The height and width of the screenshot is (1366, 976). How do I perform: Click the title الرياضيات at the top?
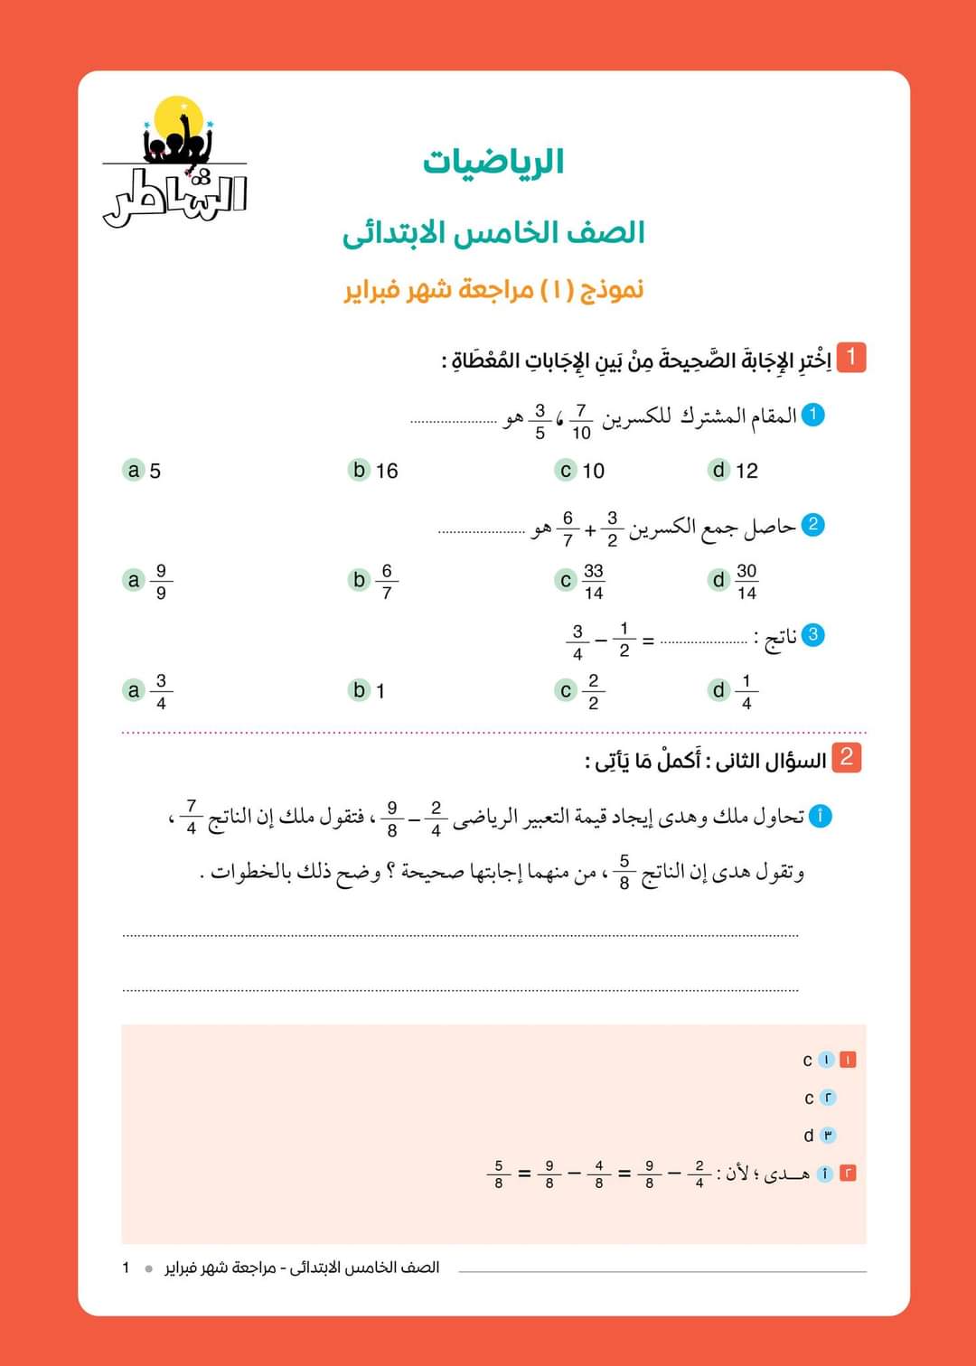coord(493,163)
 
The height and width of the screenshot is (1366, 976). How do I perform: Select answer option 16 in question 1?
coord(373,471)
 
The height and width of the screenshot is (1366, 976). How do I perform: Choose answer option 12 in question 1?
coord(734,471)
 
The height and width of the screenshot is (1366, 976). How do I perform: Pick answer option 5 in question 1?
coord(143,471)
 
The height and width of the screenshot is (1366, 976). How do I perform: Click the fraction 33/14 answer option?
coord(580,582)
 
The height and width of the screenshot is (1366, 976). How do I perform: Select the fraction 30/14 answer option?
coord(734,582)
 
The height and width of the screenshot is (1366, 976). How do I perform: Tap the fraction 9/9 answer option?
coord(147,582)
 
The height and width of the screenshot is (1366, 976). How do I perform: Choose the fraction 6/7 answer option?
coord(373,582)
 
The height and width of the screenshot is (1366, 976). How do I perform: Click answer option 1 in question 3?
coord(368,691)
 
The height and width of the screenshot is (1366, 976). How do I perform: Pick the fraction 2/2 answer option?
coord(580,691)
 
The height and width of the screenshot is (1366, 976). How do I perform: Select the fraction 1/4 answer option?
coord(734,691)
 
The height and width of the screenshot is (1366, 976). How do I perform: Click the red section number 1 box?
coord(850,357)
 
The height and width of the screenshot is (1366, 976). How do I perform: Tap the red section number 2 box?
coord(847,757)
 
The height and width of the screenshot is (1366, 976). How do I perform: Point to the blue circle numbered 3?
coord(813,634)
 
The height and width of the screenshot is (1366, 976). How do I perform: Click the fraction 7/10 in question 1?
coord(581,421)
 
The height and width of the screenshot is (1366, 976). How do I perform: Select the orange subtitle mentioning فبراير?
coord(493,290)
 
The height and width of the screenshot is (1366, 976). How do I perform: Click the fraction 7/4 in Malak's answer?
coord(191,817)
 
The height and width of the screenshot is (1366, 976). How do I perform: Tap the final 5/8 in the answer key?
coord(498,1174)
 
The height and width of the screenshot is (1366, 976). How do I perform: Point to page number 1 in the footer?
coord(126,1268)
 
